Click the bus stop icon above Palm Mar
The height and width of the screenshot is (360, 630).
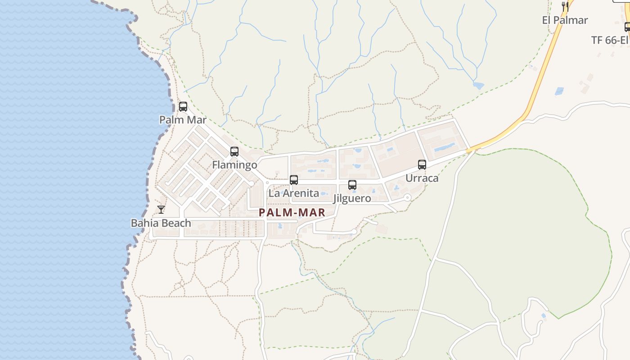[183, 107]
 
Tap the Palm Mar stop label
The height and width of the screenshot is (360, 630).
[183, 120]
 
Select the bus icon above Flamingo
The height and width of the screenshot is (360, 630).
[234, 152]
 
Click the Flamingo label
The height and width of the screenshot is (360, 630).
[234, 165]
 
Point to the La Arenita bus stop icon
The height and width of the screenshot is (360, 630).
[294, 180]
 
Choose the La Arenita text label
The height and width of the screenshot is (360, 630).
[293, 193]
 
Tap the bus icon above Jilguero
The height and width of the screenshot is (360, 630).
[352, 185]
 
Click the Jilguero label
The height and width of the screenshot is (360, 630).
[352, 198]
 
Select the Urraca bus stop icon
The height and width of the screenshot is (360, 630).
[422, 165]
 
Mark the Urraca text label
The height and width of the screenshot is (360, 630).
[422, 178]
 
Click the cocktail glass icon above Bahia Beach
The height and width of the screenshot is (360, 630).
[161, 210]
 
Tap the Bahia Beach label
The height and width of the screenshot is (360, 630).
[161, 223]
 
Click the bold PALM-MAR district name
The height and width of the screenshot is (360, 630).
[292, 213]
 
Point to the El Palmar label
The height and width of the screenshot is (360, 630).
[565, 20]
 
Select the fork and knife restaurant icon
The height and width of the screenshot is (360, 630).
[565, 6]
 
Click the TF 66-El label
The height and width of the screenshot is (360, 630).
[610, 40]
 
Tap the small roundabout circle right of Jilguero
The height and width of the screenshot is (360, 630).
[407, 197]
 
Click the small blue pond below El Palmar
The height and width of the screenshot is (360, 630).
[478, 85]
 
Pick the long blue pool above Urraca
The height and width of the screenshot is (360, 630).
[444, 147]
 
